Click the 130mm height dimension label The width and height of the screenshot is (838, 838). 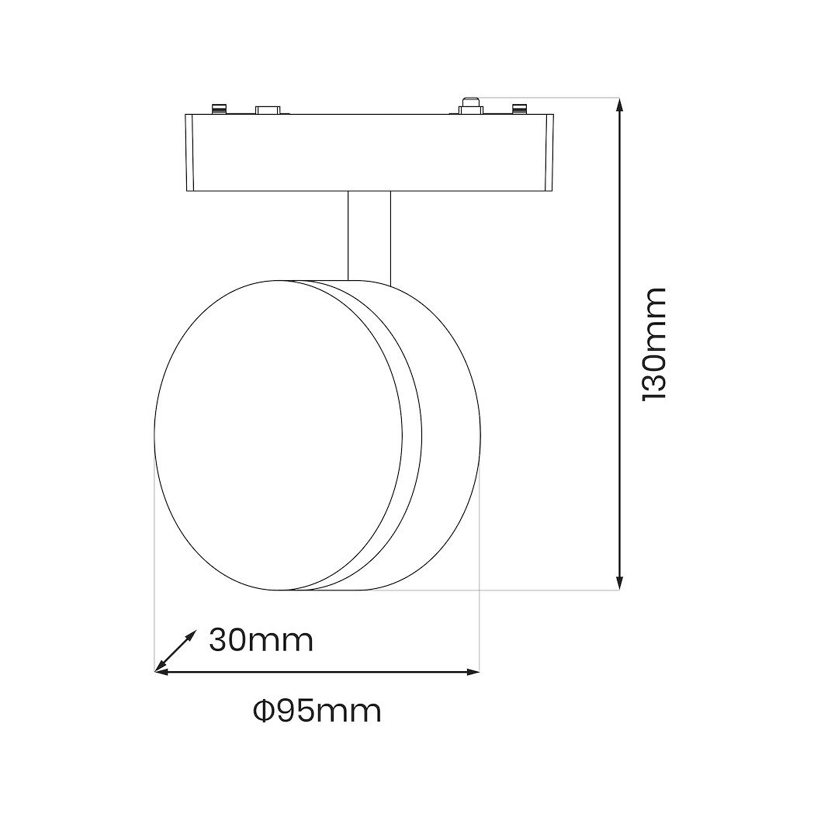click(x=654, y=344)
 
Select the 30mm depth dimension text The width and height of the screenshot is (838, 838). click(x=261, y=641)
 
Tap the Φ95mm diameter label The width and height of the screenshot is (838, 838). click(x=317, y=710)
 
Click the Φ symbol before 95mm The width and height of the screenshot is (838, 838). click(x=264, y=710)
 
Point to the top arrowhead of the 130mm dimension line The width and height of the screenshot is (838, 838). click(x=619, y=106)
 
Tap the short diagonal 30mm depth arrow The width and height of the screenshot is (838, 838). click(x=175, y=650)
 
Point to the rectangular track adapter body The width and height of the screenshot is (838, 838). click(x=369, y=152)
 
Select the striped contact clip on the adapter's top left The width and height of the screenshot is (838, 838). click(x=218, y=109)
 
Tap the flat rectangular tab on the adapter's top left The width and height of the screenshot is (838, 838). click(x=269, y=110)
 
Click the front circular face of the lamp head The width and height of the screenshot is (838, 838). click(x=279, y=435)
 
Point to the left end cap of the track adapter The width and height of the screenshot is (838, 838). click(x=190, y=152)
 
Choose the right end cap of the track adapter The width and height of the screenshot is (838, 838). click(x=549, y=152)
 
